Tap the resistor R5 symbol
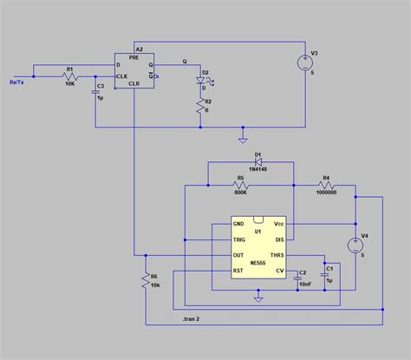(x=241, y=186)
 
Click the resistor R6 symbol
(x=145, y=279)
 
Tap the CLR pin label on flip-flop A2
(x=134, y=84)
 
